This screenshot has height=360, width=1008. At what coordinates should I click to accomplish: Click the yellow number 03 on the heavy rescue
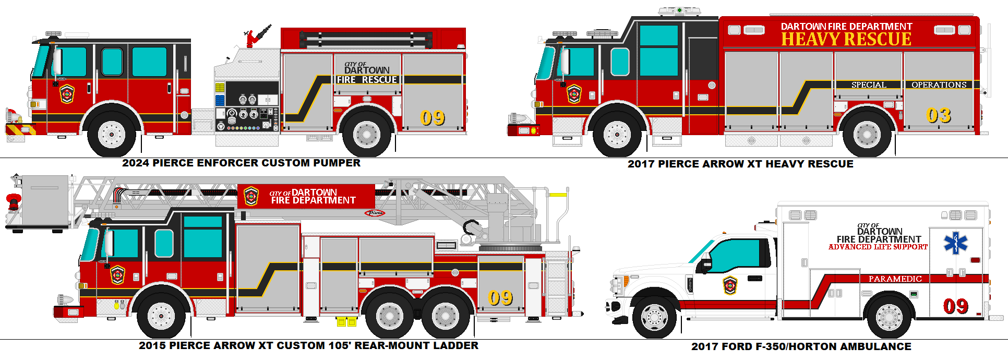pos(938,115)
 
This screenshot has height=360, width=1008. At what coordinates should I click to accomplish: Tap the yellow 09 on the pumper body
pos(433,118)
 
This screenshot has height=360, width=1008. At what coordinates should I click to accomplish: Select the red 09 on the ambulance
pos(955,306)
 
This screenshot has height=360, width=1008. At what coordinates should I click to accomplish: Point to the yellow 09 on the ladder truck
pos(500,298)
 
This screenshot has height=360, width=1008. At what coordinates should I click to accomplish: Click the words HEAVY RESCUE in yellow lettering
pos(846,40)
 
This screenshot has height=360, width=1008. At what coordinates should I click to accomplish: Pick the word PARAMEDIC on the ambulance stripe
pos(895,279)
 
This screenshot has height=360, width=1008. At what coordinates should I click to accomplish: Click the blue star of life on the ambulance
pos(955,243)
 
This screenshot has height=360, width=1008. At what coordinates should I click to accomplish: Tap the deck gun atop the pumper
pos(257,36)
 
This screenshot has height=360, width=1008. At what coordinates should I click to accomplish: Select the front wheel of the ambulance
pos(654,317)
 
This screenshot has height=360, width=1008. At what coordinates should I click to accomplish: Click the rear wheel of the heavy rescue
pos(867,135)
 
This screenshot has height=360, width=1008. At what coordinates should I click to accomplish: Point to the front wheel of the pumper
pos(112,135)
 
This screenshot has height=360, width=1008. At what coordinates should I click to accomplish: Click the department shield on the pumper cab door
pos(67,94)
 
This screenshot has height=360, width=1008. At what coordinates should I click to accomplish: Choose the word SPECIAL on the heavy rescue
pos(868,85)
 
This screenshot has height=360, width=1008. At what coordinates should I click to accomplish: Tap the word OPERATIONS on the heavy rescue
pos(939,85)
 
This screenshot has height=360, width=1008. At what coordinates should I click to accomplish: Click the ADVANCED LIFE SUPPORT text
pos(878,247)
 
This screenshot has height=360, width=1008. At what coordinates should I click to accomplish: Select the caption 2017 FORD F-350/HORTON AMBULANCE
pos(801,347)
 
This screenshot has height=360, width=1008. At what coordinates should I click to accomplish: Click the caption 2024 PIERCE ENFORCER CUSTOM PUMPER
pos(241,163)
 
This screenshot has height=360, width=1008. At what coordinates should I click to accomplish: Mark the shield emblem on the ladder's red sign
pos(251,196)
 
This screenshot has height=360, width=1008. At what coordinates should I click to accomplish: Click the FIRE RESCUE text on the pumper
pos(367,80)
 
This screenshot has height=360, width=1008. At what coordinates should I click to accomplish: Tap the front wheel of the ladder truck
pos(161,316)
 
